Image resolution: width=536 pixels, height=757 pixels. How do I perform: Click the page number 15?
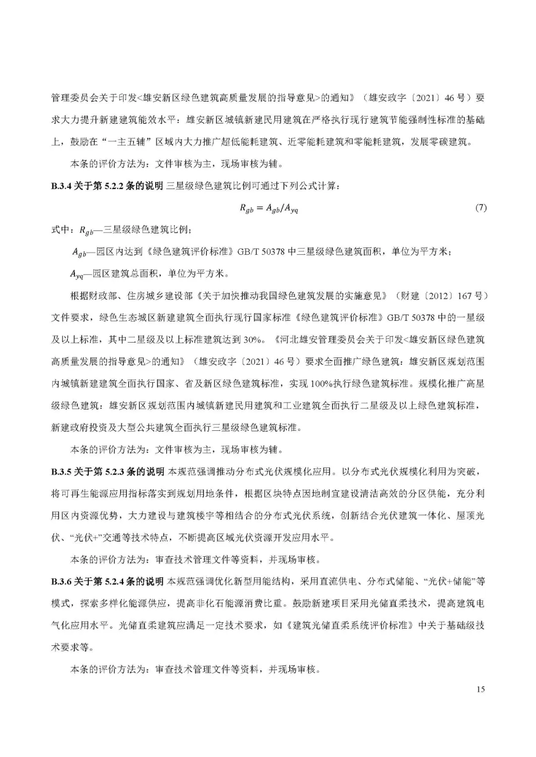tap(480, 689)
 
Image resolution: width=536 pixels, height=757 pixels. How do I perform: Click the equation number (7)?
tap(480, 208)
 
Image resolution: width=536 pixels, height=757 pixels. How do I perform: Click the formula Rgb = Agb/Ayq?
tap(268, 209)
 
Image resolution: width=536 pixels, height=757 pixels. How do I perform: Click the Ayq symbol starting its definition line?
tap(77, 274)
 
